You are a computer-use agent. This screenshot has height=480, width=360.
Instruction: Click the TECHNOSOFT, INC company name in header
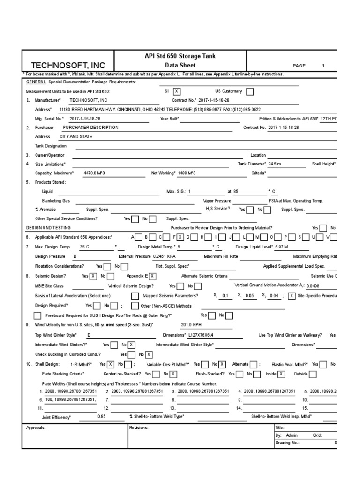point(68,65)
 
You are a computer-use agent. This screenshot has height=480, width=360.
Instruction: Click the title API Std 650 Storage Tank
point(180,56)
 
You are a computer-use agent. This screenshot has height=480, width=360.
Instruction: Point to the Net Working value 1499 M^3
point(187,173)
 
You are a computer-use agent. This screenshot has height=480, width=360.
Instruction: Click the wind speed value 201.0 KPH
point(191,324)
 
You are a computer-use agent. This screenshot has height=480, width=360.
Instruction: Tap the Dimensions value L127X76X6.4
point(191,336)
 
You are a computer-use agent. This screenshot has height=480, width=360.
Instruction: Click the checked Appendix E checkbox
point(153,277)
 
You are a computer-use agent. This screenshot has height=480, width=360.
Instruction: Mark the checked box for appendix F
point(180,237)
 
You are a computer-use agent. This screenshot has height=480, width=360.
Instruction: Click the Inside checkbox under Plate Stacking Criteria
point(281,374)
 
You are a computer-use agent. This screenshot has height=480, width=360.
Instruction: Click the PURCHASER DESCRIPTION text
point(90,127)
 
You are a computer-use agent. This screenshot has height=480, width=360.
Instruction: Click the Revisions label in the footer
point(139,427)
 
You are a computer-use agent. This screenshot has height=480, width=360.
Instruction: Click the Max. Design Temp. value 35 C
point(84,246)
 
